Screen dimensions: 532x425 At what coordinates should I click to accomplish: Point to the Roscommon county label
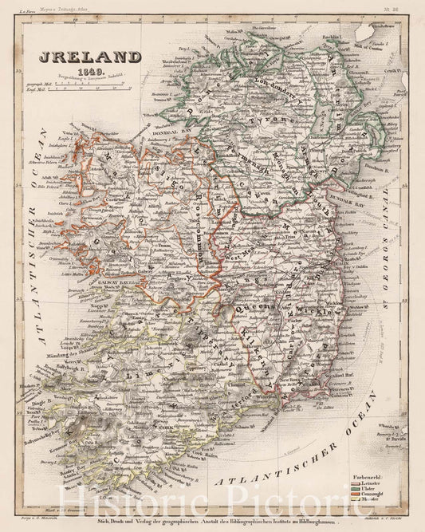[195, 231]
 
